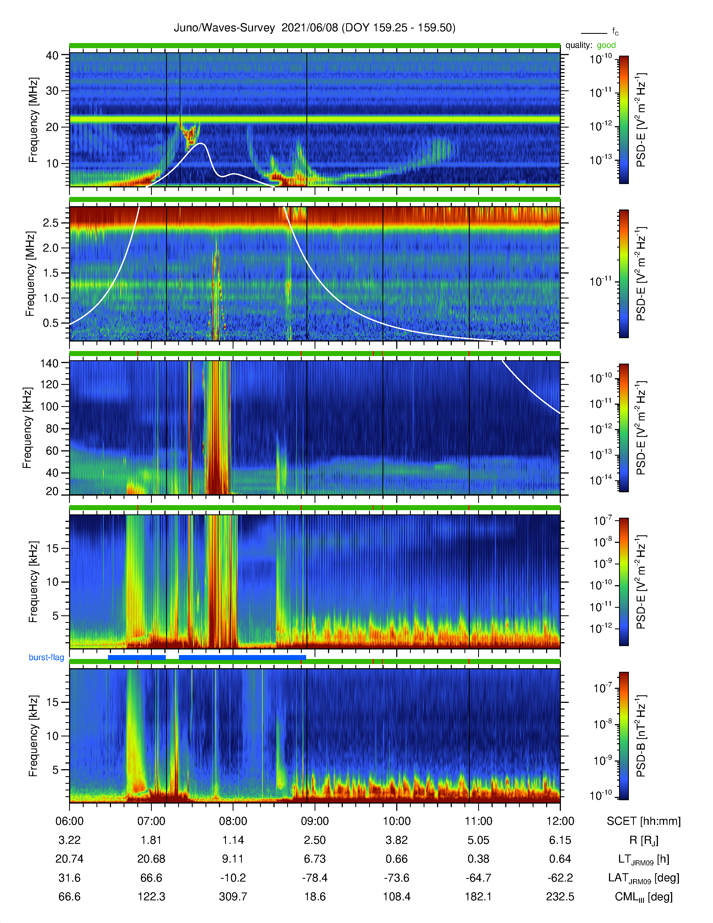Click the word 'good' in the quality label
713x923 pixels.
[x=606, y=45]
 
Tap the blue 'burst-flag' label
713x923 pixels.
[x=46, y=657]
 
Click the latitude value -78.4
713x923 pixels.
[x=315, y=878]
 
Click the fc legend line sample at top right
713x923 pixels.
[x=594, y=33]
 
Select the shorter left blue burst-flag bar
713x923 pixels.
[x=137, y=657]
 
